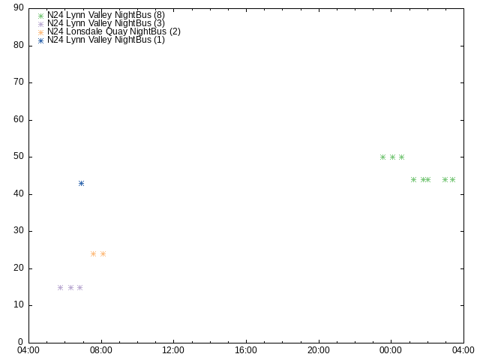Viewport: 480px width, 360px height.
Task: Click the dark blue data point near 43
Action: [81, 183]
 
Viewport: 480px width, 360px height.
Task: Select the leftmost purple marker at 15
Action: [60, 287]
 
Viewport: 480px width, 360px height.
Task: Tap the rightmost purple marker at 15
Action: [79, 287]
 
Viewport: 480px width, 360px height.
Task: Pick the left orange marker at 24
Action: [93, 253]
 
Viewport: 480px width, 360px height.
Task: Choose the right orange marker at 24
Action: [103, 253]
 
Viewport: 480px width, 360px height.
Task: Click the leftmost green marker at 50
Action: [382, 157]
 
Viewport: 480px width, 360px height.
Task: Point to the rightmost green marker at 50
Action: [402, 157]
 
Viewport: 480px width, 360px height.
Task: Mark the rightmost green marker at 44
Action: [452, 180]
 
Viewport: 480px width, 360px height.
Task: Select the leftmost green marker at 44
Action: [413, 180]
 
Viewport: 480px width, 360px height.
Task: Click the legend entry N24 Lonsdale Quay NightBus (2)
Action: [114, 31]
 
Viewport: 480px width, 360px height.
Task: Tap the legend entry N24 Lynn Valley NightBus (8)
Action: [106, 15]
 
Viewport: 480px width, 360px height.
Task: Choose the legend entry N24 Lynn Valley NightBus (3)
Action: [106, 23]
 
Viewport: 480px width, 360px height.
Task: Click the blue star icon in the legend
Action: [40, 40]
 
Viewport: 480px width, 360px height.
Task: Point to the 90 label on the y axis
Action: [18, 7]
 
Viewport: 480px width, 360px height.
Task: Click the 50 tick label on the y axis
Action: [18, 157]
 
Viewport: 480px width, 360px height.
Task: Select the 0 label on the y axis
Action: [21, 342]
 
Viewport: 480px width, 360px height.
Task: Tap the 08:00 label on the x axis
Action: [101, 350]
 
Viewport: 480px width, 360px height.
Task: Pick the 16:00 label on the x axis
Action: [246, 350]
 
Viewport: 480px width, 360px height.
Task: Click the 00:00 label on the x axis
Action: [391, 350]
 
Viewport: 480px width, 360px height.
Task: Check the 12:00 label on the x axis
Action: [173, 350]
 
